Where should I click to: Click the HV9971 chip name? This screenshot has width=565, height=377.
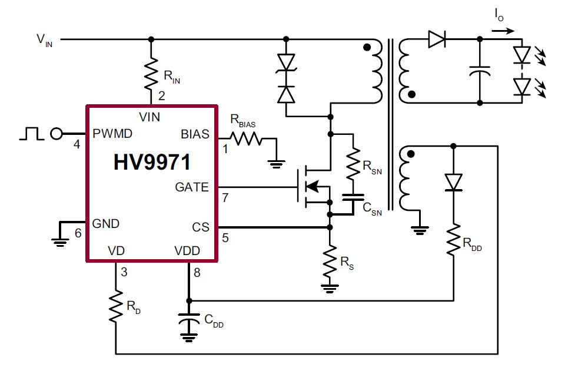[151, 162]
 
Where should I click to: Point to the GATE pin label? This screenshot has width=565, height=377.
[192, 187]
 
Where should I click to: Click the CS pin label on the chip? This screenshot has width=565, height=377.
[201, 227]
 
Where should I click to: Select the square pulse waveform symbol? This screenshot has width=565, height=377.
[31, 134]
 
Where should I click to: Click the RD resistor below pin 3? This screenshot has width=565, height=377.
[116, 307]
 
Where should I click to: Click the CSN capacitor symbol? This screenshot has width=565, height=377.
[353, 201]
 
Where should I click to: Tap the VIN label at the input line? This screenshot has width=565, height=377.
[45, 40]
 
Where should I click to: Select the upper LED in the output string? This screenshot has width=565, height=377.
[521, 55]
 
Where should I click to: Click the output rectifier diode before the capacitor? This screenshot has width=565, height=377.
[436, 39]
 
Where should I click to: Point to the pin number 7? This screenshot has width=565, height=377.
[225, 198]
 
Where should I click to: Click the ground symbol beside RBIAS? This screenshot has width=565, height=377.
[276, 161]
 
